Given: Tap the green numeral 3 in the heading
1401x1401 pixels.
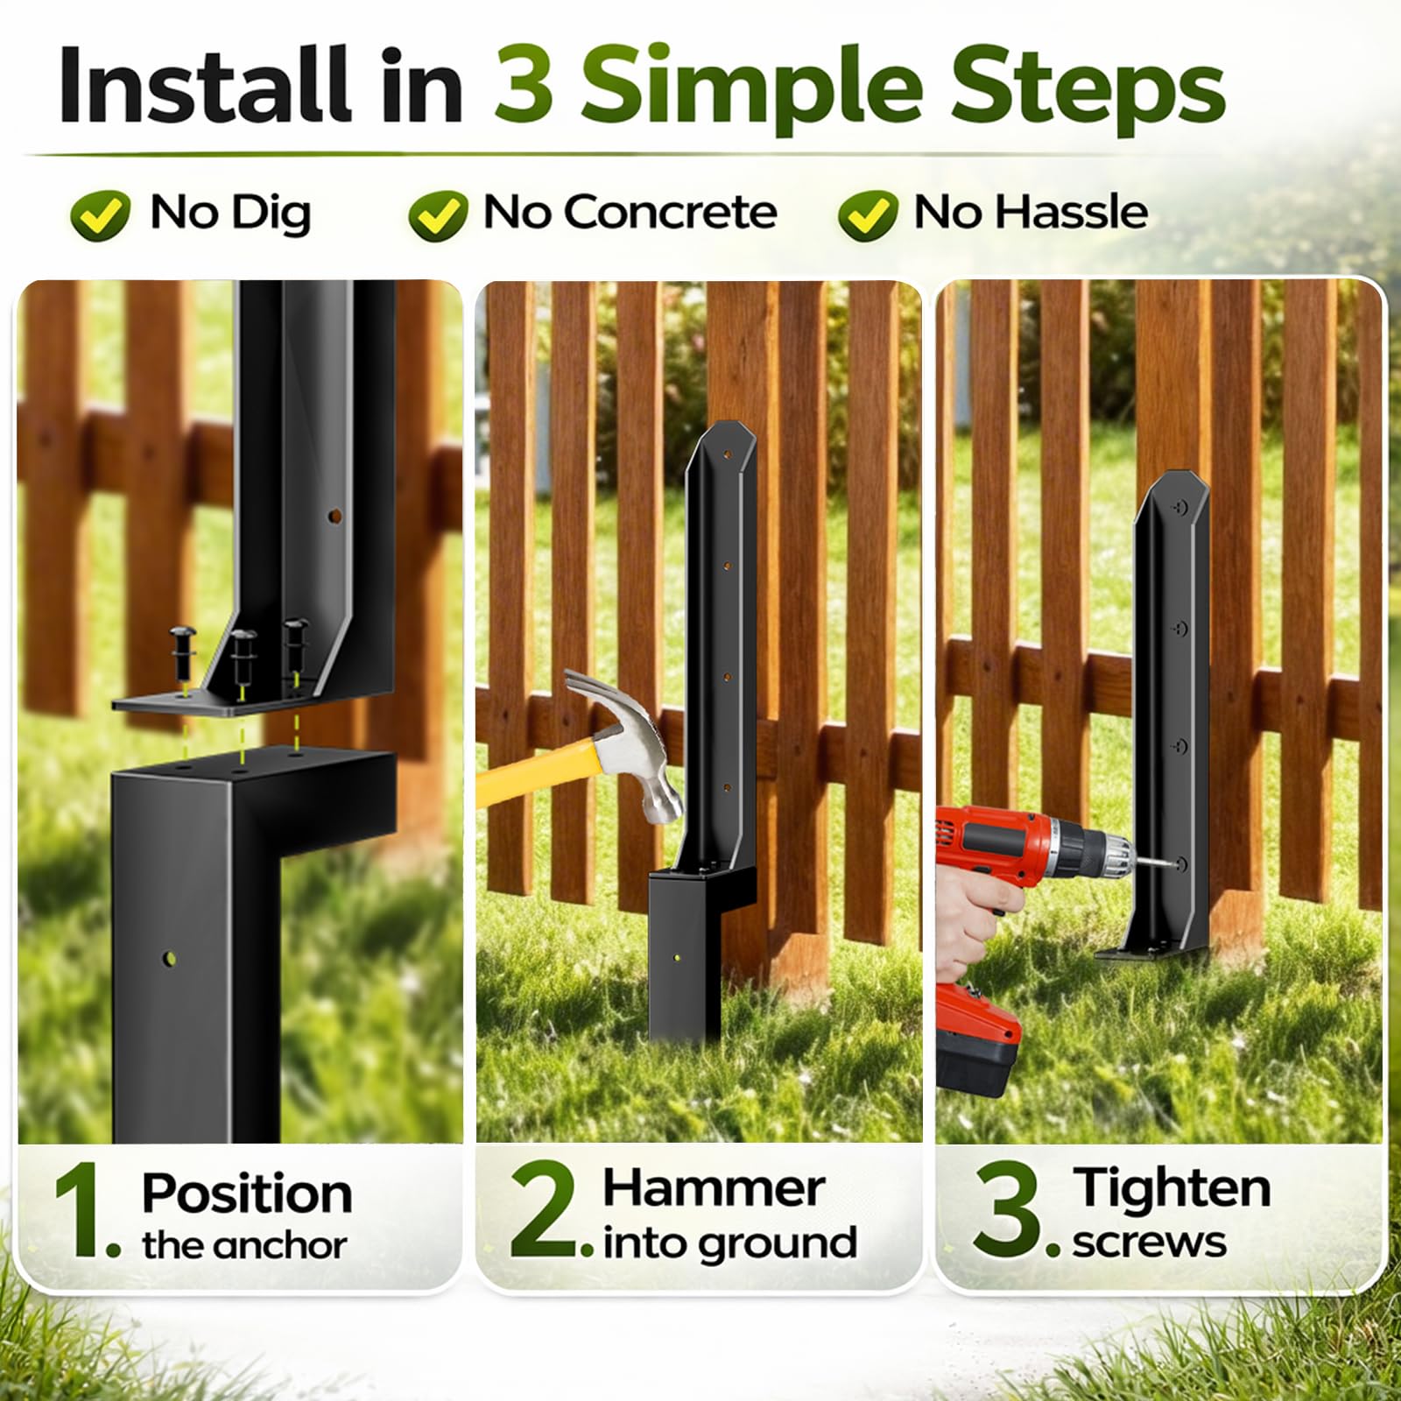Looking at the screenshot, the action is point(523,86).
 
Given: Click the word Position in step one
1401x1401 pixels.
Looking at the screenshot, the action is point(248,1193).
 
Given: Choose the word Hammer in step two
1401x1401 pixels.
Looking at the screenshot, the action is point(714,1189).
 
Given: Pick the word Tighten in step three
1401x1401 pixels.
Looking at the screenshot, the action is point(1172,1188).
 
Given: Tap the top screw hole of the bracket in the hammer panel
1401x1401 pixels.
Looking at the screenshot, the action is point(726,456).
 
